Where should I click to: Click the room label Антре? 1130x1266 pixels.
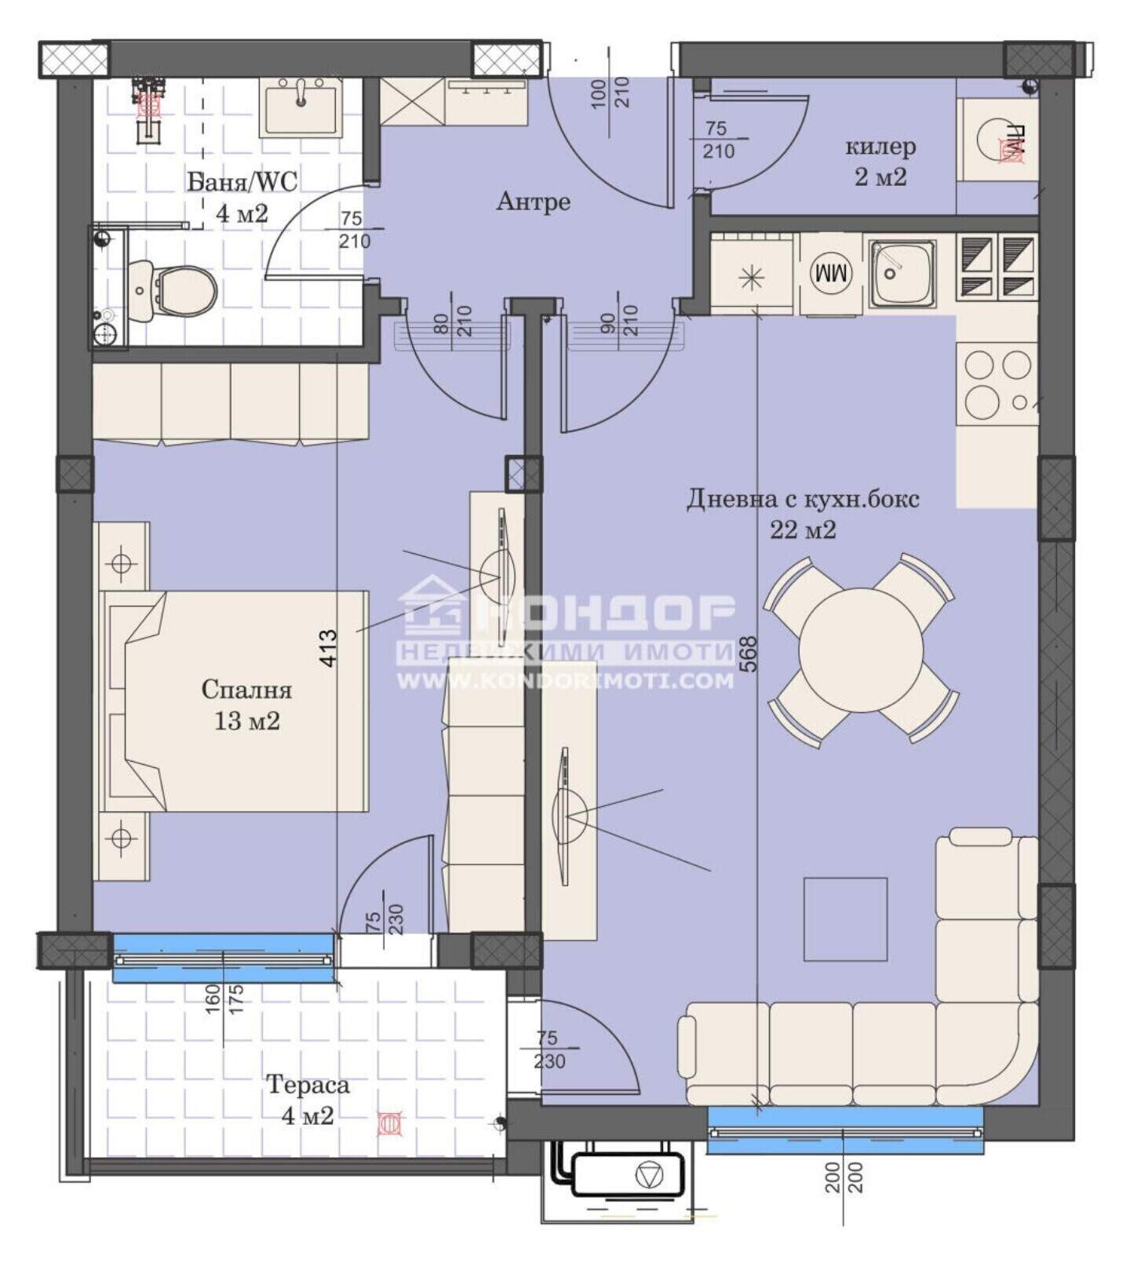point(533,202)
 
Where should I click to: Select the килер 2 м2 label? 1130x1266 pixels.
point(880,161)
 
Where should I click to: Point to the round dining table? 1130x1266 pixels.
point(861,650)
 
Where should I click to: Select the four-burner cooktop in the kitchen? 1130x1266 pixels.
point(997,384)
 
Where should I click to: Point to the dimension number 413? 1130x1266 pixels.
point(328,648)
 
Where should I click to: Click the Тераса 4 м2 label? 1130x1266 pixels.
point(308,1100)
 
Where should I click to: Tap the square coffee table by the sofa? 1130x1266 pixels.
point(845,919)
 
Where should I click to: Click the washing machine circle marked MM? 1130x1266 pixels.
point(831,274)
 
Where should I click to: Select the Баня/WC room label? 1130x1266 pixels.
point(242,182)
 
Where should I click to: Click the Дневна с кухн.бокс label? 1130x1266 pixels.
point(803,499)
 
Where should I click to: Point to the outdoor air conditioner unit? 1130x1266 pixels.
point(628,1173)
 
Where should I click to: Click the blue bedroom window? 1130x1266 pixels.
point(223,958)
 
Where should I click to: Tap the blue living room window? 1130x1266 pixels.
point(845,1130)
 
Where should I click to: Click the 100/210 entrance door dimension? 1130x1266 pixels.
point(610,93)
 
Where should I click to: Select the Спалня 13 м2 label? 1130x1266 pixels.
point(246,704)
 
